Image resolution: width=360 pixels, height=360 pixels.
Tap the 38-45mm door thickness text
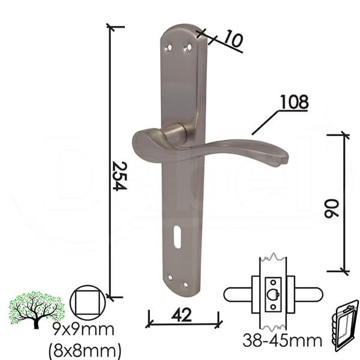click(x=282, y=341)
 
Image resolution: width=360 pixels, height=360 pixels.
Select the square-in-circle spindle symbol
click(x=88, y=302)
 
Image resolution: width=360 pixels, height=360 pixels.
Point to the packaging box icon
click(x=345, y=325)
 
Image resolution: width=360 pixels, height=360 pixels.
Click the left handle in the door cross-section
click(x=239, y=294)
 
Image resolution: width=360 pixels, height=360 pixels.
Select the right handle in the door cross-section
click(x=307, y=294)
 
